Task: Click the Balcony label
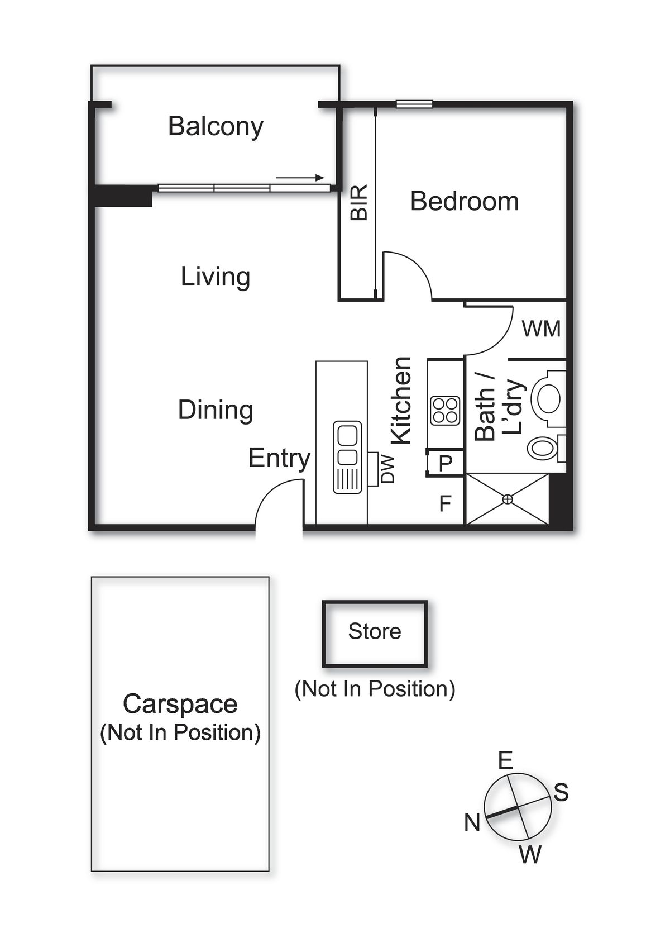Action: (216, 126)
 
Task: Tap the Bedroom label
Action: (465, 201)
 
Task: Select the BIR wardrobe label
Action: (359, 202)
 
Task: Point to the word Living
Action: (216, 277)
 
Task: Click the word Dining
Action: (216, 410)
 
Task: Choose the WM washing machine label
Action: (541, 329)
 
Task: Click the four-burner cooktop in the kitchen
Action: (445, 411)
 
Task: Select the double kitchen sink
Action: (348, 457)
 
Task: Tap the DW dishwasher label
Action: (387, 469)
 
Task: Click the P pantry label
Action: (445, 464)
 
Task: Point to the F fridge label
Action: (445, 503)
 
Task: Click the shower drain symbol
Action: (508, 499)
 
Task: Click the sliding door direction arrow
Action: (300, 178)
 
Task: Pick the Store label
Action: (375, 631)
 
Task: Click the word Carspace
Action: (180, 705)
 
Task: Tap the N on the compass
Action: (472, 823)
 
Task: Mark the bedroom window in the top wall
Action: (414, 104)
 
